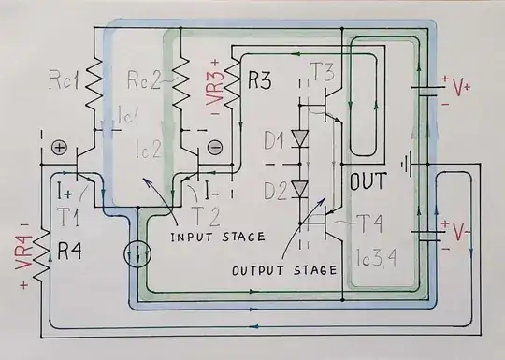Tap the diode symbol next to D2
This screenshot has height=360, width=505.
pos(300,188)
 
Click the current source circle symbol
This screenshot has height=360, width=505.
pos(137,253)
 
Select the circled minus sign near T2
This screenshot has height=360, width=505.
pos(214,147)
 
